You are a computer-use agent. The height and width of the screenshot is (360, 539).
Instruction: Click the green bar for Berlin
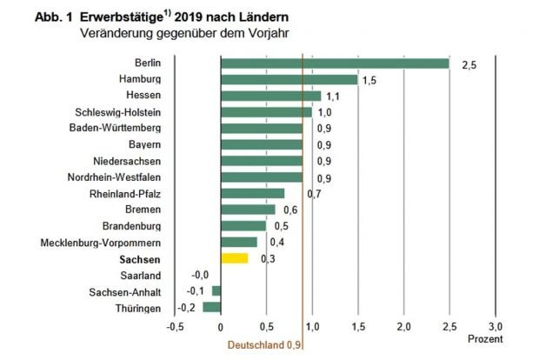[x=335, y=63]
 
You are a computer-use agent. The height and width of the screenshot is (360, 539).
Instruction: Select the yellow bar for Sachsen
[x=234, y=258]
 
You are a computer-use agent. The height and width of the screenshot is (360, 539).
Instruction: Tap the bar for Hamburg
[x=289, y=79]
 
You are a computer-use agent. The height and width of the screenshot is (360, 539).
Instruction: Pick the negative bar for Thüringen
[x=212, y=307]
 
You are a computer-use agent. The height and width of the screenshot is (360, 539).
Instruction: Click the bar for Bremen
[x=248, y=210]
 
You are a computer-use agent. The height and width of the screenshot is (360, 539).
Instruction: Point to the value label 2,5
[x=469, y=64]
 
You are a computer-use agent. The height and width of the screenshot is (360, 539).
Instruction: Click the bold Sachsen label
[x=140, y=259]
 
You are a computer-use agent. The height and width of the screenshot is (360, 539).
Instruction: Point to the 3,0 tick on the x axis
[x=496, y=326]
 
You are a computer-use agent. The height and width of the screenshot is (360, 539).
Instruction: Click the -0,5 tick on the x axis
[x=176, y=326]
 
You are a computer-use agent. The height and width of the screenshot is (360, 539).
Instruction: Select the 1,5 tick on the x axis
[x=358, y=326]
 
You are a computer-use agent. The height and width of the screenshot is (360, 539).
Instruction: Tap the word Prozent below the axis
[x=483, y=338]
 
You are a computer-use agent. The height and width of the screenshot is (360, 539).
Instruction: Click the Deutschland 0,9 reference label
[x=266, y=344]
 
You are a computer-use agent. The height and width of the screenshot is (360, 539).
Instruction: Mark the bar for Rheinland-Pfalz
[x=252, y=193]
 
